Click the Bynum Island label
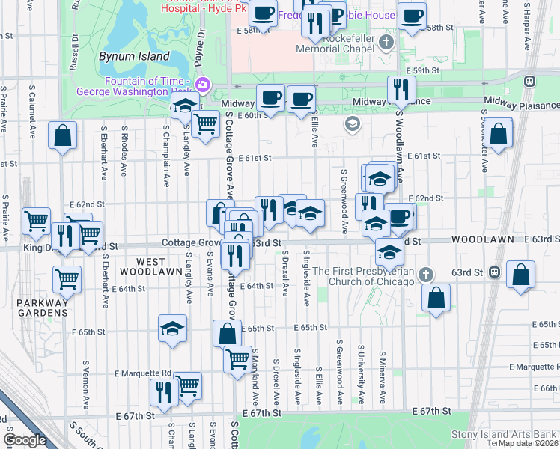127,56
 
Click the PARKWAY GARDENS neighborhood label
38,307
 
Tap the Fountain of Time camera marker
201,85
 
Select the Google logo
24,439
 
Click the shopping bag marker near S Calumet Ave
63,135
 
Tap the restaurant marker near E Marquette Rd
162,391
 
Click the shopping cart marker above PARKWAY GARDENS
67,279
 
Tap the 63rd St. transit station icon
495,272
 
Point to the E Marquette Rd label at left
143,373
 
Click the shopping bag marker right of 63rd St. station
520,274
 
